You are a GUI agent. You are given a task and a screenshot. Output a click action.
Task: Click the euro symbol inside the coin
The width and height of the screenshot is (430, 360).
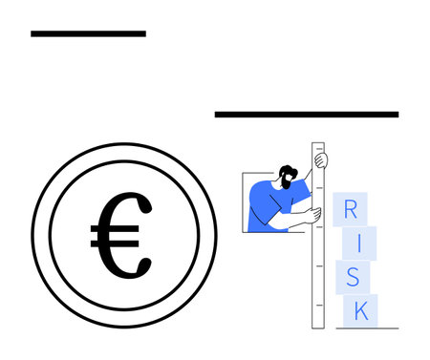point(120,235)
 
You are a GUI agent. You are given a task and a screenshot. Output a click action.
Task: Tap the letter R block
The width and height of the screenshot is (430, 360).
point(351,210)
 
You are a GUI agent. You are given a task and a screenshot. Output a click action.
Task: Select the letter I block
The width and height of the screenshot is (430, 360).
point(359,243)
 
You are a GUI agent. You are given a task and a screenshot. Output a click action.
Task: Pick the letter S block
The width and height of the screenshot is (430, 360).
point(352,277)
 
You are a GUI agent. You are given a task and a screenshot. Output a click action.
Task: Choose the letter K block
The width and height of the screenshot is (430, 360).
point(361,309)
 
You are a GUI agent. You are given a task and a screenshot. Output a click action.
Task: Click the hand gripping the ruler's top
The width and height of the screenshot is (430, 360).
point(321,159)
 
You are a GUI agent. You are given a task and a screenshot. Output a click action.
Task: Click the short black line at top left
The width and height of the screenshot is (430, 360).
point(88,33)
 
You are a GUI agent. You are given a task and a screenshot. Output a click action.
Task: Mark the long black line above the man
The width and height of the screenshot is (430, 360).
point(306,115)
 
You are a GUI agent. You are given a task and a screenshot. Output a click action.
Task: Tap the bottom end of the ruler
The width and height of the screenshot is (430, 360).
point(318,325)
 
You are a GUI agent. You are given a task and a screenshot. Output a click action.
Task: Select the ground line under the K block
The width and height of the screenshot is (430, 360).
point(367,328)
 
